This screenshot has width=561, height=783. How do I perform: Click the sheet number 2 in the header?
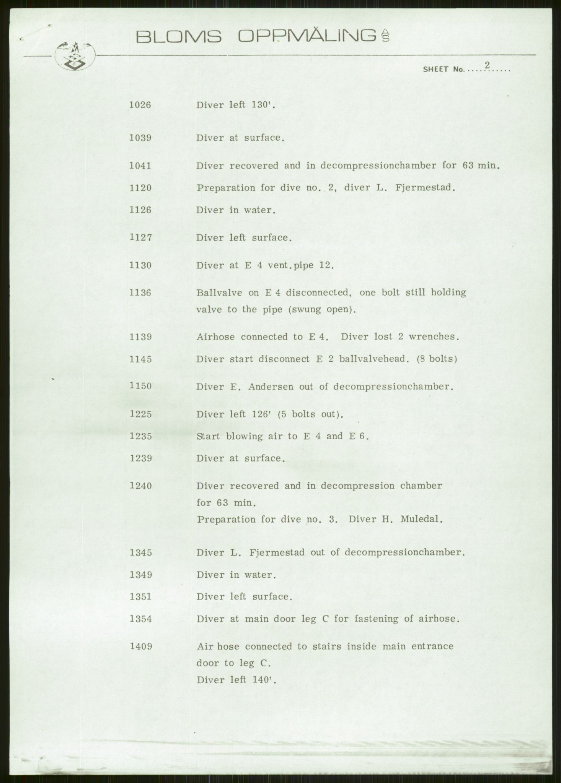coord(487,65)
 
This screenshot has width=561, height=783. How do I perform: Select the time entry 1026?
coord(140,105)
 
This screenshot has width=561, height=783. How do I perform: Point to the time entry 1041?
coord(140,166)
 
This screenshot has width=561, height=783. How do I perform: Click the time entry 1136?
coord(140,292)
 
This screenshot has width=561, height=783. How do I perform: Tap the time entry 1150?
coord(140,386)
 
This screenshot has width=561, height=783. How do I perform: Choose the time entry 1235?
coord(140,436)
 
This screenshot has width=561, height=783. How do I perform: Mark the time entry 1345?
coord(140,552)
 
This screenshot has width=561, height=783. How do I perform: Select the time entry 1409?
coord(140,647)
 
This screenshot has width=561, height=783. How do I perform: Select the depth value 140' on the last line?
coord(263,680)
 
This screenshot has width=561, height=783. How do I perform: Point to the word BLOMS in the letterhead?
coord(179,37)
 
